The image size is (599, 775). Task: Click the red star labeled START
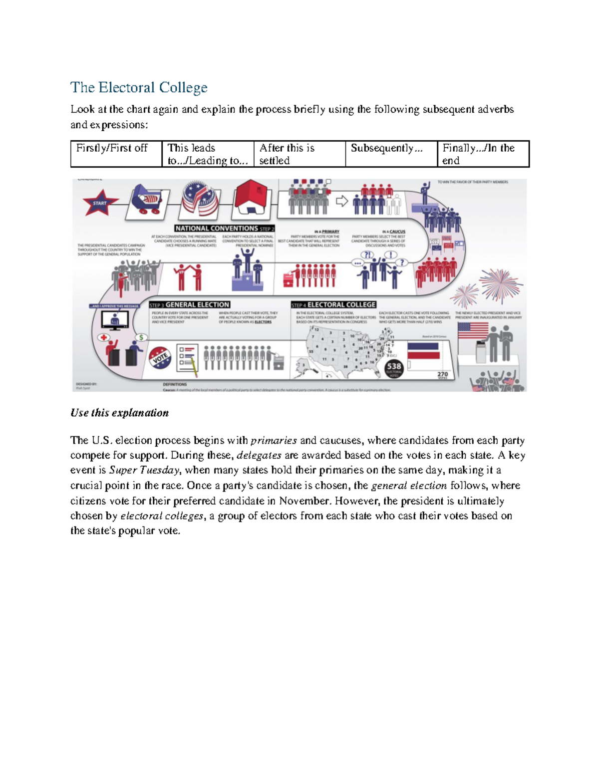point(100,203)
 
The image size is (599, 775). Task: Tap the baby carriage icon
point(148,200)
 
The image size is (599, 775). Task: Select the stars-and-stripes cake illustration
point(200,199)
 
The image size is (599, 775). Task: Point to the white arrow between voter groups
point(342,201)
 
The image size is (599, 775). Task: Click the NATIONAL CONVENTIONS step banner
point(225,229)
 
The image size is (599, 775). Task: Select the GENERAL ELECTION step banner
point(190,305)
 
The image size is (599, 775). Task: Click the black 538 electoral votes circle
point(394,368)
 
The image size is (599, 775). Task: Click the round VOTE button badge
point(160,358)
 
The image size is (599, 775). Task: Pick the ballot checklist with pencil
point(188,358)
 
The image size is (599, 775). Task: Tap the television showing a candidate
point(115,320)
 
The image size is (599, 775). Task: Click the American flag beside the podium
point(472,330)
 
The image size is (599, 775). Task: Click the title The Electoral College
point(139,87)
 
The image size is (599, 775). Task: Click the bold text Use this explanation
point(119,413)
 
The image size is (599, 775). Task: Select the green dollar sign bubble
point(142,337)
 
